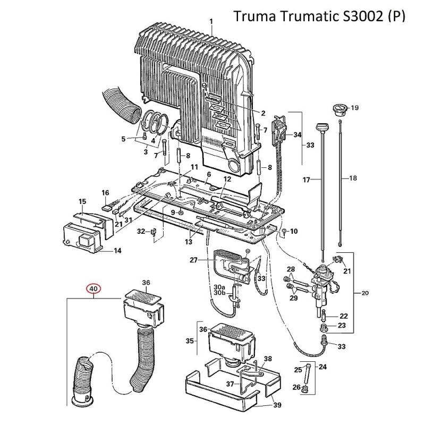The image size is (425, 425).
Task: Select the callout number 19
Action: (x=355, y=108)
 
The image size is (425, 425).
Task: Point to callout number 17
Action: (x=306, y=180)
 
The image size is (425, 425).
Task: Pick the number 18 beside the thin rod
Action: (x=353, y=178)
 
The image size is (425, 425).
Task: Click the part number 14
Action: (x=117, y=251)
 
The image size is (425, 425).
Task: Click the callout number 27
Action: (x=193, y=260)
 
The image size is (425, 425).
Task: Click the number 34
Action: (x=297, y=135)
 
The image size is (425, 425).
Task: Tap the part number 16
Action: (x=105, y=193)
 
